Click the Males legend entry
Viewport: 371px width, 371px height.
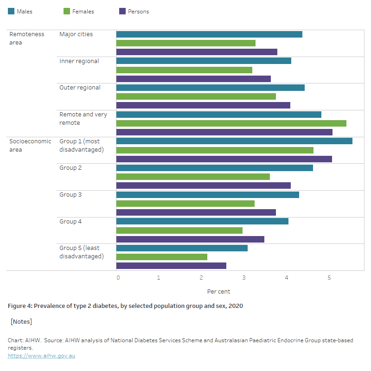click(x=20, y=12)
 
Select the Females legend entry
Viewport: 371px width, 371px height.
click(x=79, y=12)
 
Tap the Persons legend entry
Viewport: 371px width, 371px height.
click(x=134, y=12)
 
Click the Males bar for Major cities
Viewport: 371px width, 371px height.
click(x=209, y=34)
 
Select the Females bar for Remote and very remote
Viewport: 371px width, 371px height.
click(x=231, y=123)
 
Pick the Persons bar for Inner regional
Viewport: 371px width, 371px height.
click(x=193, y=79)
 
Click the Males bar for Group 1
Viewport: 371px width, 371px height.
click(x=234, y=141)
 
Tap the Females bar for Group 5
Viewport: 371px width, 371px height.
click(x=161, y=257)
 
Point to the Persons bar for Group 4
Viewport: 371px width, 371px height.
click(x=190, y=239)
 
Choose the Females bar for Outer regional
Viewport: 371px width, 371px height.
click(x=196, y=96)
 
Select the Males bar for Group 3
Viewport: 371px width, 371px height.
click(x=207, y=195)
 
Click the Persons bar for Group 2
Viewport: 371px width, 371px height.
click(x=203, y=185)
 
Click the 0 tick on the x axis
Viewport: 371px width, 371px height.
click(x=118, y=278)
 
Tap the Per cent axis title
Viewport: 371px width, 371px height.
click(x=218, y=292)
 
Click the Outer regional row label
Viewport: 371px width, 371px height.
click(x=80, y=88)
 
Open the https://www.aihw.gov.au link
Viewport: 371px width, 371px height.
click(x=41, y=356)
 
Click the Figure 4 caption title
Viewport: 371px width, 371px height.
click(x=125, y=306)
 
